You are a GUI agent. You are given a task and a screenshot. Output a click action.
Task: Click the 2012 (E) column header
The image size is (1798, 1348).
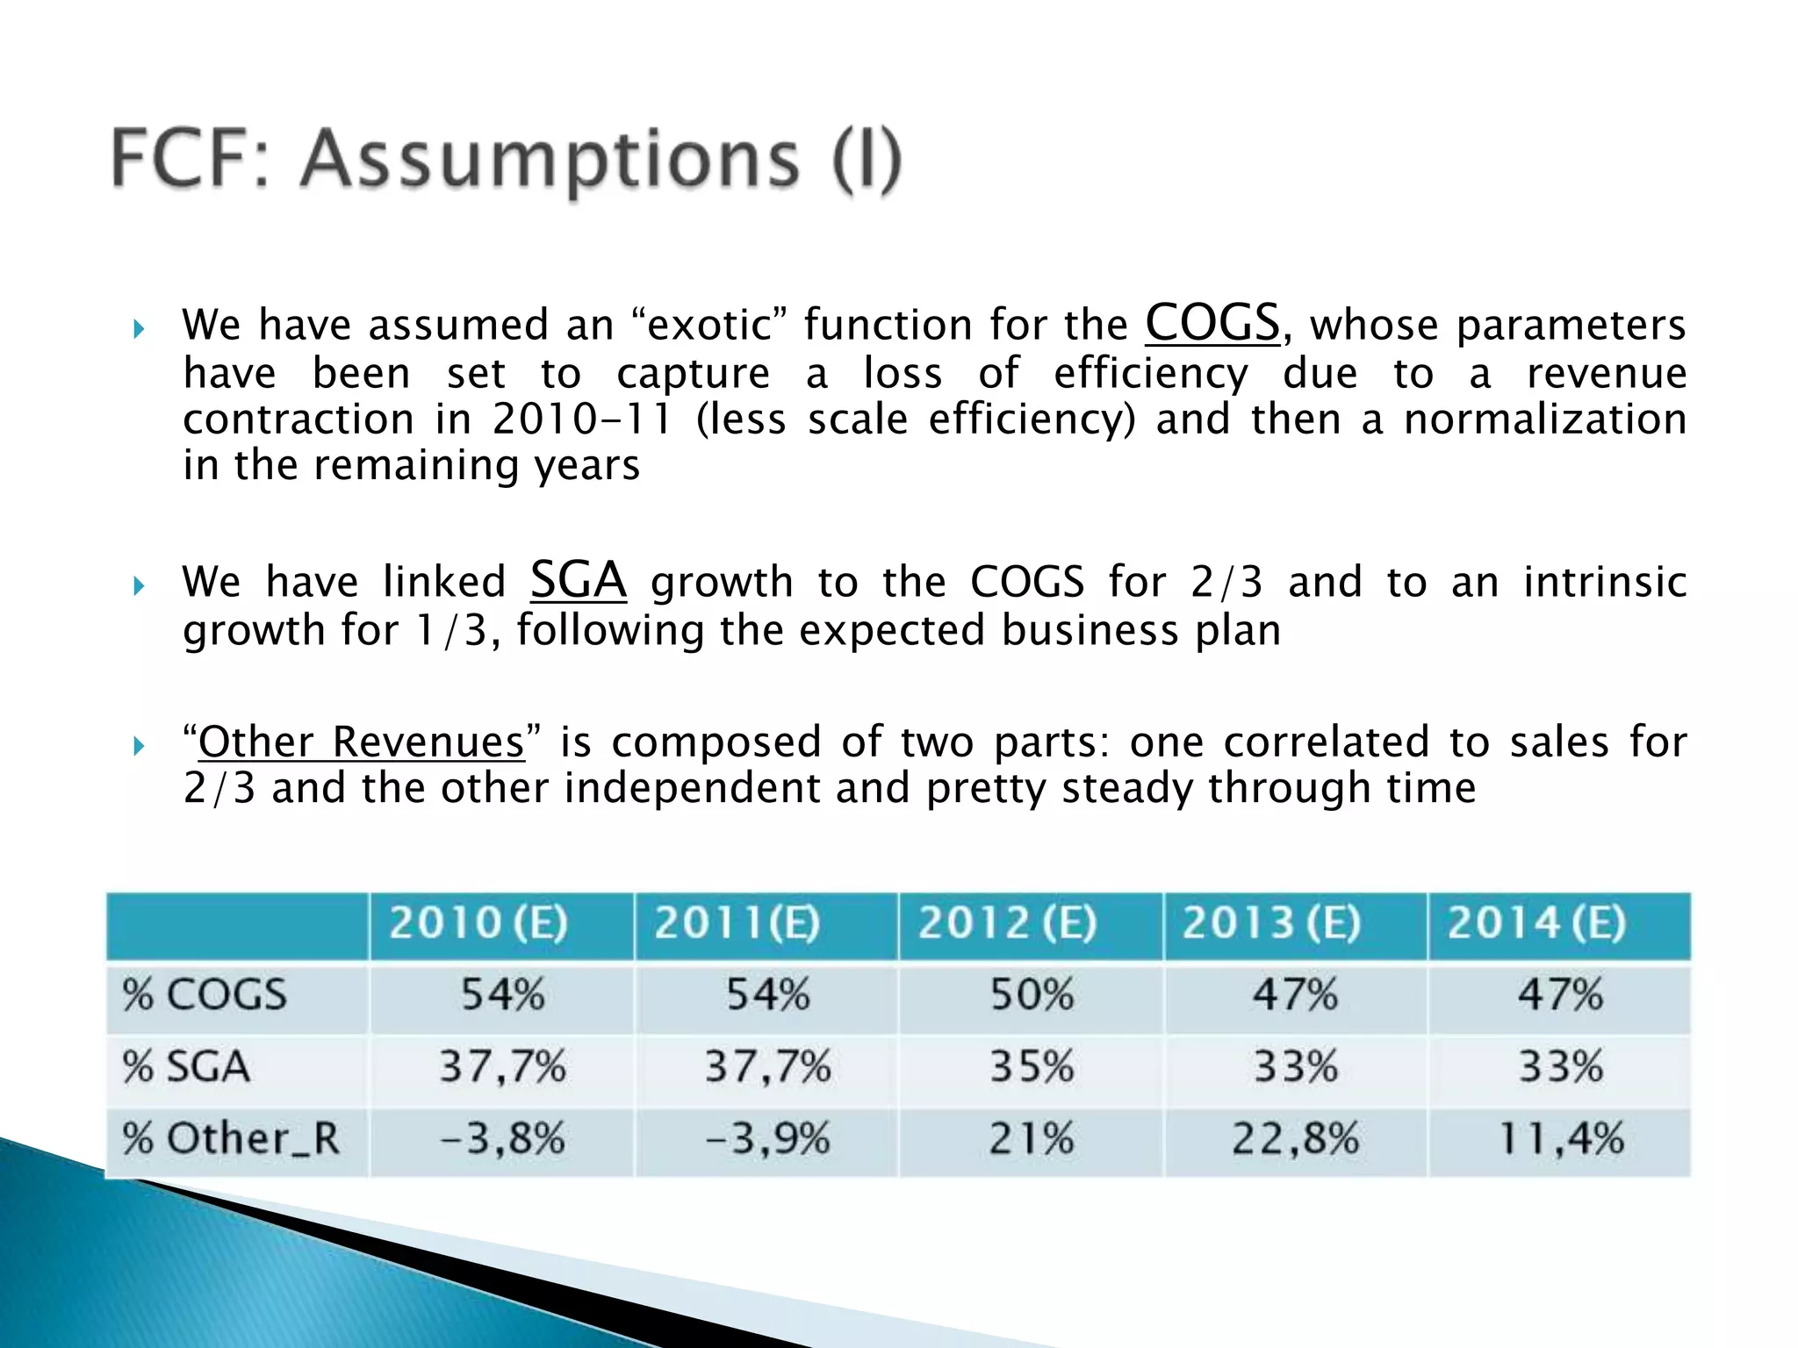pyautogui.click(x=1008, y=923)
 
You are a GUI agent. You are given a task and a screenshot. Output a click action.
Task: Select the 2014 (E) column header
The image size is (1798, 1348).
pyautogui.click(x=1536, y=923)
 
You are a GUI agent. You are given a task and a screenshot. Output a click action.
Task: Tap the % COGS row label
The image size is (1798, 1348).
pyautogui.click(x=205, y=995)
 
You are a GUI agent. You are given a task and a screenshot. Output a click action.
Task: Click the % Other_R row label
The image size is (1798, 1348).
pyautogui.click(x=230, y=1139)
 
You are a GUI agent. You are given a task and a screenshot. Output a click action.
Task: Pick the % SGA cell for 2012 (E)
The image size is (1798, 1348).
pyautogui.click(x=1032, y=1067)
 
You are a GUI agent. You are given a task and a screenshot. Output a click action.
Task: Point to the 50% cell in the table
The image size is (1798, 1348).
pyautogui.click(x=1032, y=995)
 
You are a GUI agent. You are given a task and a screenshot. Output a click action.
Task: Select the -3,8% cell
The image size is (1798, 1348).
pyautogui.click(x=502, y=1139)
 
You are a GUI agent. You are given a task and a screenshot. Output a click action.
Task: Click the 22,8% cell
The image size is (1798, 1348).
pyautogui.click(x=1295, y=1139)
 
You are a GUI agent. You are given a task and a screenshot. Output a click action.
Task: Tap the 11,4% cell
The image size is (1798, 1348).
pyautogui.click(x=1560, y=1139)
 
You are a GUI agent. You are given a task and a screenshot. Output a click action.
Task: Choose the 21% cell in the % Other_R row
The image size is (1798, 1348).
pyautogui.click(x=1032, y=1139)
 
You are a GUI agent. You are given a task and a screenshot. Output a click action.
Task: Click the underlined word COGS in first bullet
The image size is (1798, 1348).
pyautogui.click(x=1212, y=323)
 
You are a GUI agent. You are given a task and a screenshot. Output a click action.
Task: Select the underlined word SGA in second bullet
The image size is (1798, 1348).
pyautogui.click(x=579, y=580)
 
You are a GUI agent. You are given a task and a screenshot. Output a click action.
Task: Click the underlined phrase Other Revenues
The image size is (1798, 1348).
pyautogui.click(x=361, y=742)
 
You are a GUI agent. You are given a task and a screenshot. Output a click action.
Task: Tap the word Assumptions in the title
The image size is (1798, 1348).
pyautogui.click(x=550, y=160)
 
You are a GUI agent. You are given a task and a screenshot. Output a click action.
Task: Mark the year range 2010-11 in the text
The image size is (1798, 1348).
pyautogui.click(x=581, y=419)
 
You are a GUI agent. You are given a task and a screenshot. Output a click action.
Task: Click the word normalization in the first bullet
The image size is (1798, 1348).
pyautogui.click(x=1544, y=419)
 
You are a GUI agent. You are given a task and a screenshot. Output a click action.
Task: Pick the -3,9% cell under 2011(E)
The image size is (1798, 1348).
pyautogui.click(x=767, y=1139)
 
